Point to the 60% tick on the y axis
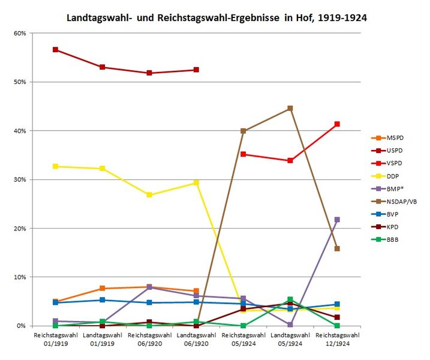(19, 33)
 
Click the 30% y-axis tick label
(19, 179)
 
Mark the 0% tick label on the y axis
(21, 326)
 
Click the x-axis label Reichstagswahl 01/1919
(55, 338)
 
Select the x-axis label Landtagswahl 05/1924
(290, 338)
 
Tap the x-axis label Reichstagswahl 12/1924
(337, 338)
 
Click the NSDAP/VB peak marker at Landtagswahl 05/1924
(290, 109)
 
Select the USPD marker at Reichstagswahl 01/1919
(55, 50)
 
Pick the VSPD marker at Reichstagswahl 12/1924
(337, 124)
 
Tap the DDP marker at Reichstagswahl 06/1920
(149, 195)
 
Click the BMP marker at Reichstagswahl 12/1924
(337, 220)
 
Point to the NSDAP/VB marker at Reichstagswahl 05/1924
(243, 131)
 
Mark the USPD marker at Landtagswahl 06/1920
(196, 70)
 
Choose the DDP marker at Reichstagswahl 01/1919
(55, 166)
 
